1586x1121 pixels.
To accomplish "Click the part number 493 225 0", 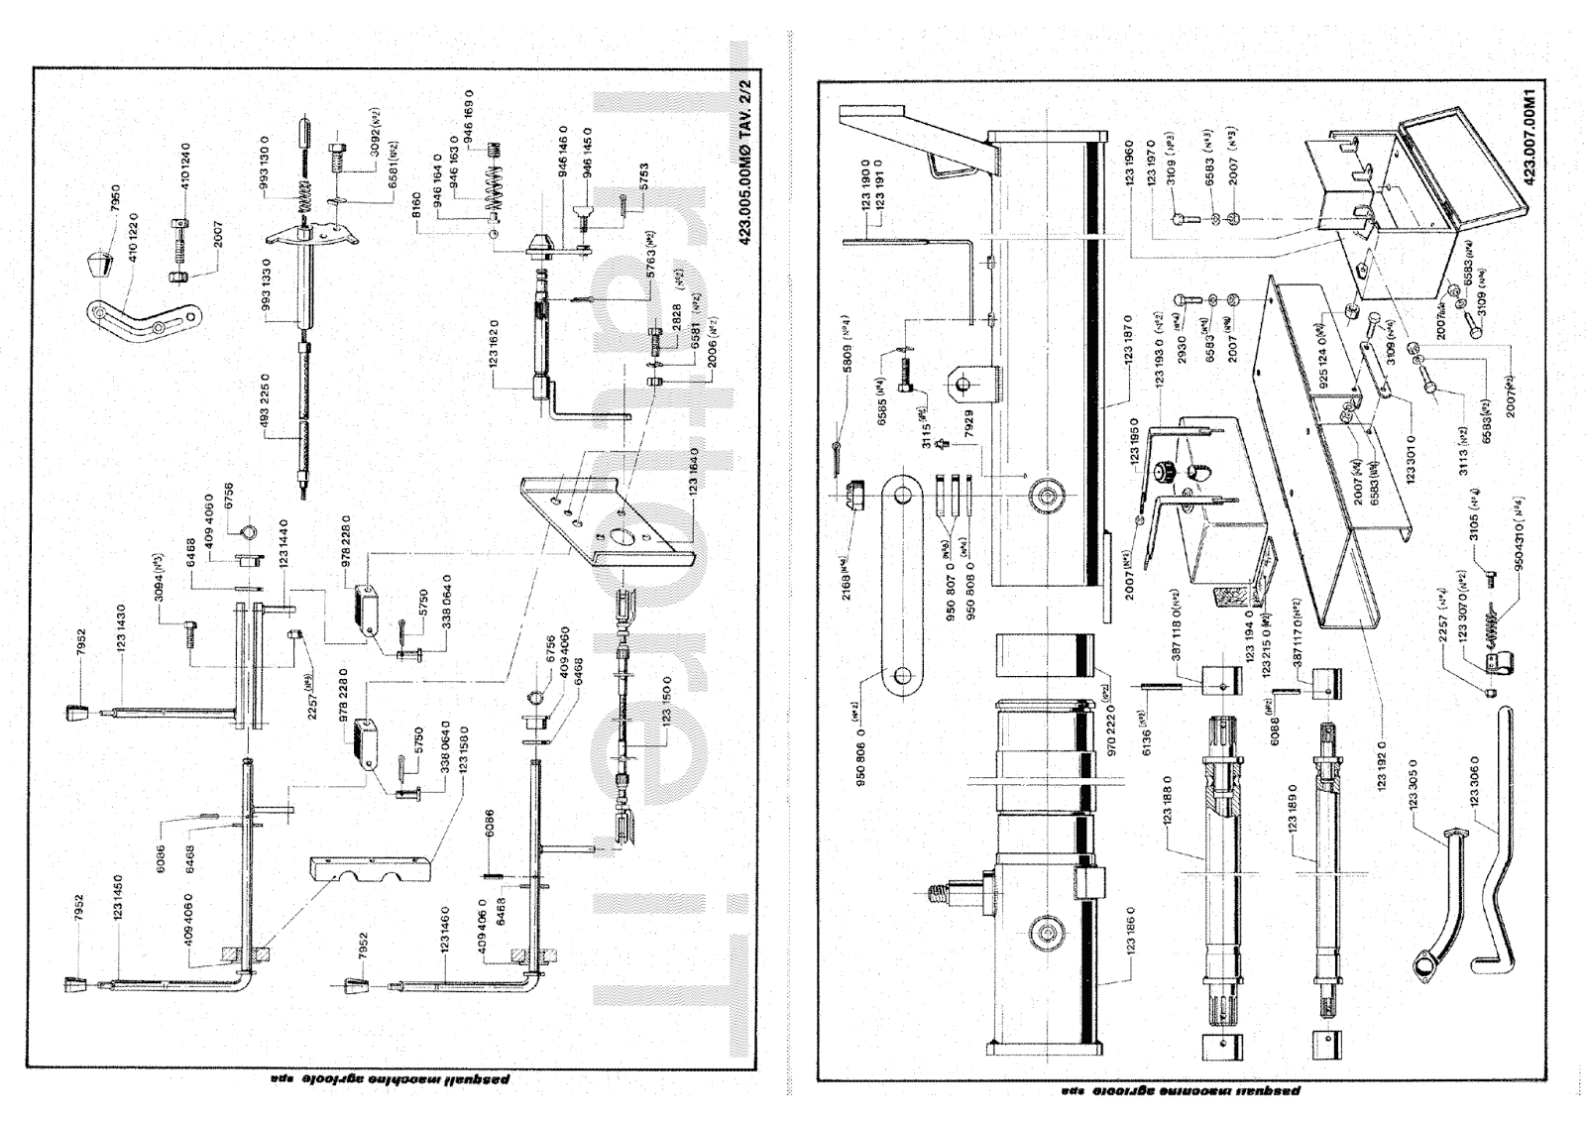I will pyautogui.click(x=265, y=397).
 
